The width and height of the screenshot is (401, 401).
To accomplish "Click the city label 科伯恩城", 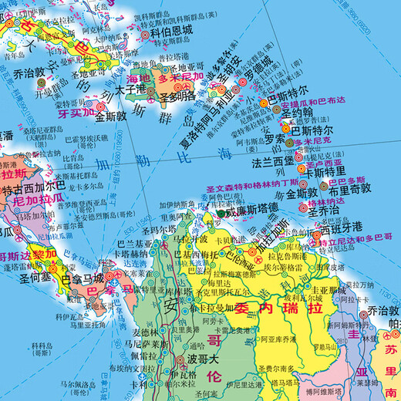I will coord(171,33).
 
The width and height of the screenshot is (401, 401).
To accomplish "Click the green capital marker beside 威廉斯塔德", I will coord(223,213).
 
